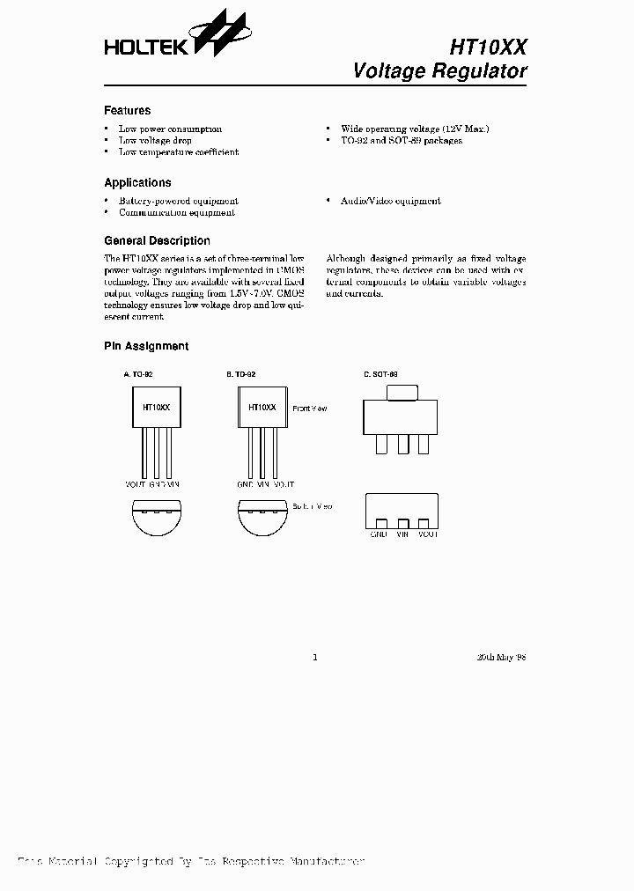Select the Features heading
[127, 111]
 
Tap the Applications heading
[137, 183]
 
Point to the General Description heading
[157, 240]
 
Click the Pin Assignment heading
[146, 347]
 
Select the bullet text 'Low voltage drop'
[155, 141]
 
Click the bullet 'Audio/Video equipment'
[390, 202]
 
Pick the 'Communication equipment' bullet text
[176, 213]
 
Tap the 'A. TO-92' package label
[137, 374]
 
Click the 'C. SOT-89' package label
[380, 374]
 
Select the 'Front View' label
[309, 409]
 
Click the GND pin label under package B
[245, 484]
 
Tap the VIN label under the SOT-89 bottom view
[403, 534]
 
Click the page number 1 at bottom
[315, 657]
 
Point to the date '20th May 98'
[501, 657]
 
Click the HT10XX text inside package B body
[262, 409]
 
